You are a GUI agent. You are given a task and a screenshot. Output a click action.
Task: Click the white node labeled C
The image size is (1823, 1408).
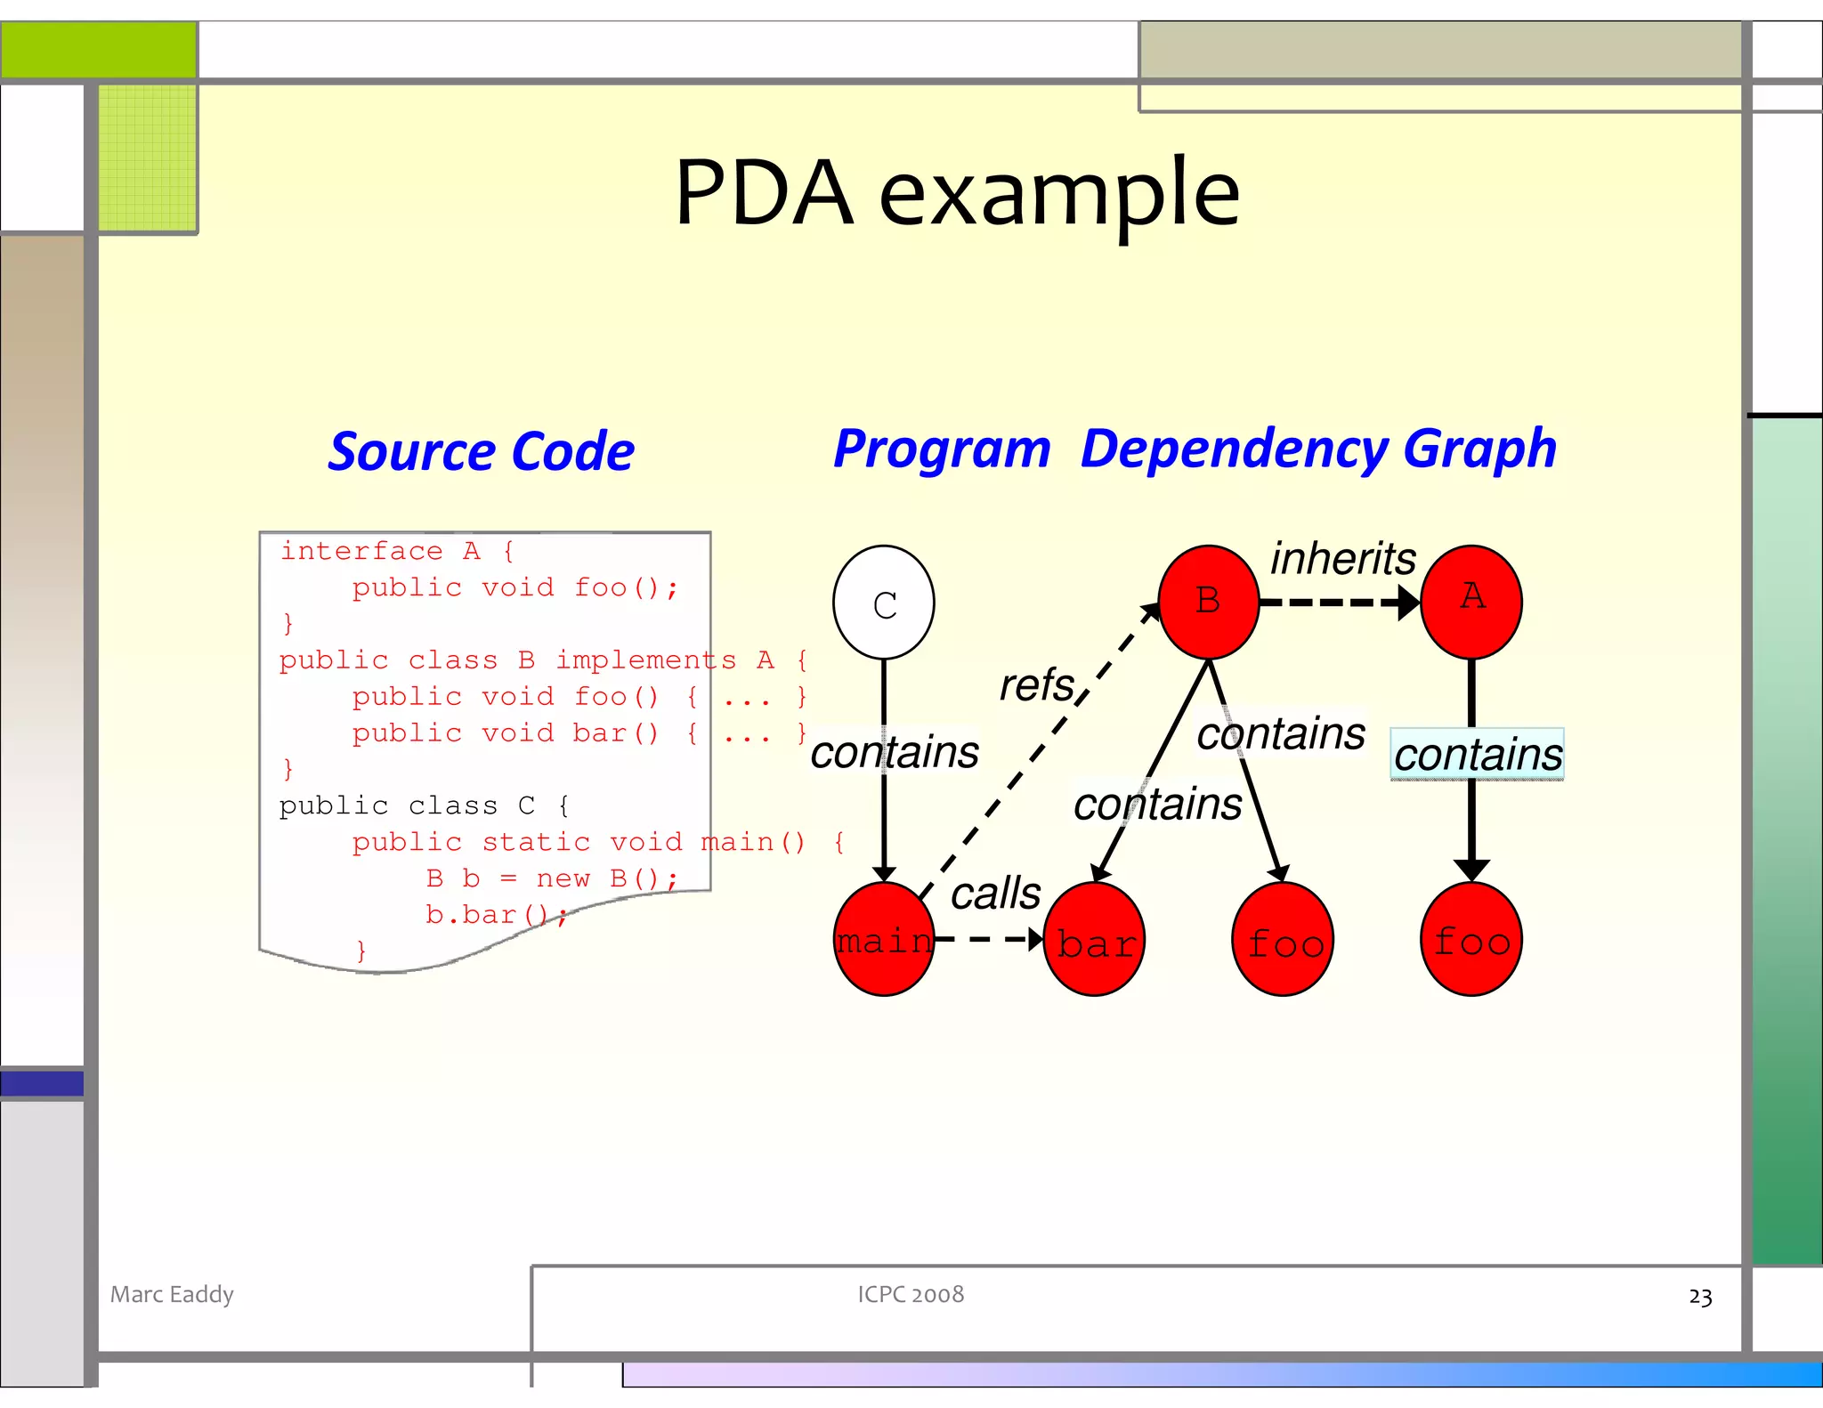[883, 603]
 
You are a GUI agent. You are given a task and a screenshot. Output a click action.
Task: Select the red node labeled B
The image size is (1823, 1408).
[1208, 603]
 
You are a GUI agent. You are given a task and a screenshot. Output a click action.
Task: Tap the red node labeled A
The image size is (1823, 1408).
[1471, 603]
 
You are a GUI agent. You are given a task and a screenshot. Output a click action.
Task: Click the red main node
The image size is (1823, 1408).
[883, 940]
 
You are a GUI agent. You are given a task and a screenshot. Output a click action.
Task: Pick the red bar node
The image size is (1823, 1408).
[1094, 941]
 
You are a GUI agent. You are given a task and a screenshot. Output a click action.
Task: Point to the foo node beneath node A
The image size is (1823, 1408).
[1471, 940]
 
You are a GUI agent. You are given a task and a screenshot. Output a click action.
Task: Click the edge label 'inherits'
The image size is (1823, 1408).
[1342, 559]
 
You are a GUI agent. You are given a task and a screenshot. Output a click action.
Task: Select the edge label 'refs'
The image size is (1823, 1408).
[1037, 685]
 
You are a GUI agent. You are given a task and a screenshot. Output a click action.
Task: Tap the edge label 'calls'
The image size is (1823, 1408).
[995, 893]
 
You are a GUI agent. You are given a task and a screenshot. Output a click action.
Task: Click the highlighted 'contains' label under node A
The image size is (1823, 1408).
[1477, 755]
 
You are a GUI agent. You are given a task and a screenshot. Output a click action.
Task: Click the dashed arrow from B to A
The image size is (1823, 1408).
[1335, 603]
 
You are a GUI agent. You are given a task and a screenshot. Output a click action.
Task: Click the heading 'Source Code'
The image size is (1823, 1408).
[481, 451]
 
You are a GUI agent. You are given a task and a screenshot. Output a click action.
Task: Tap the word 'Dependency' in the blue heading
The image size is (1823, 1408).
[1233, 449]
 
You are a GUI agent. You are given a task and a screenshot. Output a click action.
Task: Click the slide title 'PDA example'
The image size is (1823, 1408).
[957, 192]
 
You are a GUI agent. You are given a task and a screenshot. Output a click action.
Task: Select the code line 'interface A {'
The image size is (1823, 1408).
[397, 551]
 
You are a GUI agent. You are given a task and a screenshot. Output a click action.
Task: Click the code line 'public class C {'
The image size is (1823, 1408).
[424, 805]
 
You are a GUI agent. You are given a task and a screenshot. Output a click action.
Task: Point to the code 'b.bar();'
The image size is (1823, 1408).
[495, 915]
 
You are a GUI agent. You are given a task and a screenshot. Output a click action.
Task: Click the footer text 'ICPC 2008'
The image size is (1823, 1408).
[911, 1294]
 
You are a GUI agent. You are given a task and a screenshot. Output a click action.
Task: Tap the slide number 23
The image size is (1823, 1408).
[1699, 1297]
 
